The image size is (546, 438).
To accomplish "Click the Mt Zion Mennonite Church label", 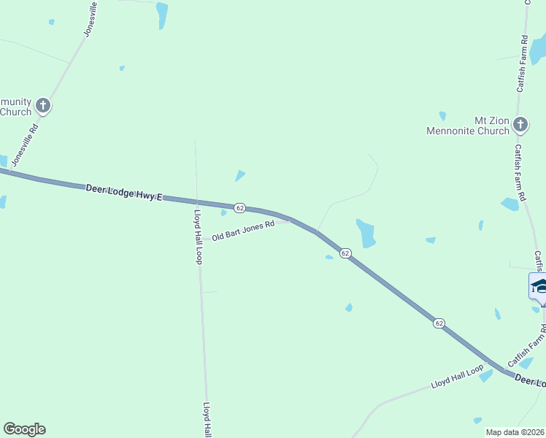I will click(x=468, y=125).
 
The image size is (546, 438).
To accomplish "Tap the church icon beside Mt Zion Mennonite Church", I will click(x=520, y=125).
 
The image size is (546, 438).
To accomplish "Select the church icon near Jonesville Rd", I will click(x=43, y=106).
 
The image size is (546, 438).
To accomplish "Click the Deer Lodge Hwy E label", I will click(x=122, y=191).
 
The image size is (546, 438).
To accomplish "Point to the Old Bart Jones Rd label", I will click(x=243, y=231).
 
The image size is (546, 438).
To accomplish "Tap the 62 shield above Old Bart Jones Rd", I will click(x=239, y=208).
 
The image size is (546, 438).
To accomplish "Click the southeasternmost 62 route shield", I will click(x=439, y=323).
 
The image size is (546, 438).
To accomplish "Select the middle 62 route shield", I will click(x=346, y=253).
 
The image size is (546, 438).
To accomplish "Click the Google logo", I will click(x=24, y=429).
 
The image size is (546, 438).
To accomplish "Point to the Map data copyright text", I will click(x=515, y=432).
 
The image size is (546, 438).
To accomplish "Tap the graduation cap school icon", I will click(x=539, y=285).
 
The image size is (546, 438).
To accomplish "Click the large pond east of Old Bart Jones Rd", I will click(x=366, y=232).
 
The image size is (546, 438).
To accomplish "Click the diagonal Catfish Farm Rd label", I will click(x=526, y=351).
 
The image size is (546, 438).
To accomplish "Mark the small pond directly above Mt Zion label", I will click(x=442, y=115).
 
